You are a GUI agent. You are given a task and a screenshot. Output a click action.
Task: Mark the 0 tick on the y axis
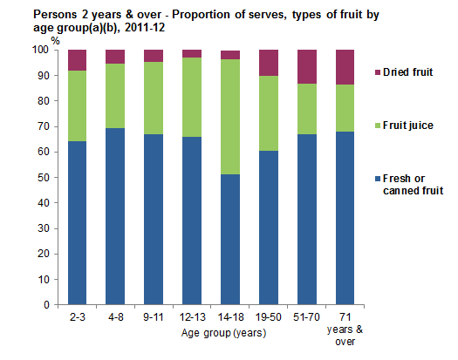click(x=45, y=306)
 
